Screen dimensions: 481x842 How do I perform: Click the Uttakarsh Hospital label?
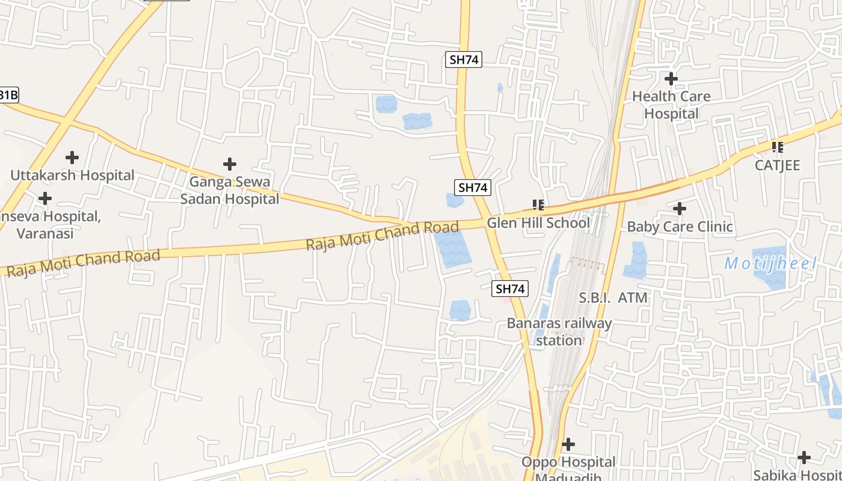72,176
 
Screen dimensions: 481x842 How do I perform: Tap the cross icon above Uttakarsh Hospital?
72,158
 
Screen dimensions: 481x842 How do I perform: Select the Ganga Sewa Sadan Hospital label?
229,190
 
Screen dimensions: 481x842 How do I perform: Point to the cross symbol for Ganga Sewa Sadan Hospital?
229,164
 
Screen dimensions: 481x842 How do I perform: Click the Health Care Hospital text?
671,105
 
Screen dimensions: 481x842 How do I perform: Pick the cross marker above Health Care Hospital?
671,78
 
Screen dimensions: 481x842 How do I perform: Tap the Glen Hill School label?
538,223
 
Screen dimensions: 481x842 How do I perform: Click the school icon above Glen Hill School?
538,205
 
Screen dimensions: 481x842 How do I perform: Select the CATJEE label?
778,165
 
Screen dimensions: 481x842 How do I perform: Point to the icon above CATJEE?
778,147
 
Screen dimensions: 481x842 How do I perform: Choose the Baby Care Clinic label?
680,227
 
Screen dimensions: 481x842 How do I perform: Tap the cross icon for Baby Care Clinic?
680,209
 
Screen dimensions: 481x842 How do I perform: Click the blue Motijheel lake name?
770,263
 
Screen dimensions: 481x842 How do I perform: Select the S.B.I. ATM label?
613,298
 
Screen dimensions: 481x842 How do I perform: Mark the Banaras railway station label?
559,332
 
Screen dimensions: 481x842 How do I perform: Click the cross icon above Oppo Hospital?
568,444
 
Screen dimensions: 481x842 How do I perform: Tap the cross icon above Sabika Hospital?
804,458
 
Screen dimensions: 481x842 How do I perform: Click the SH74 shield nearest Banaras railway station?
510,289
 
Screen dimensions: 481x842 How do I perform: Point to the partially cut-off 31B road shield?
8,94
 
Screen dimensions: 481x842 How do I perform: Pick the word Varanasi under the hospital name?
45,233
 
